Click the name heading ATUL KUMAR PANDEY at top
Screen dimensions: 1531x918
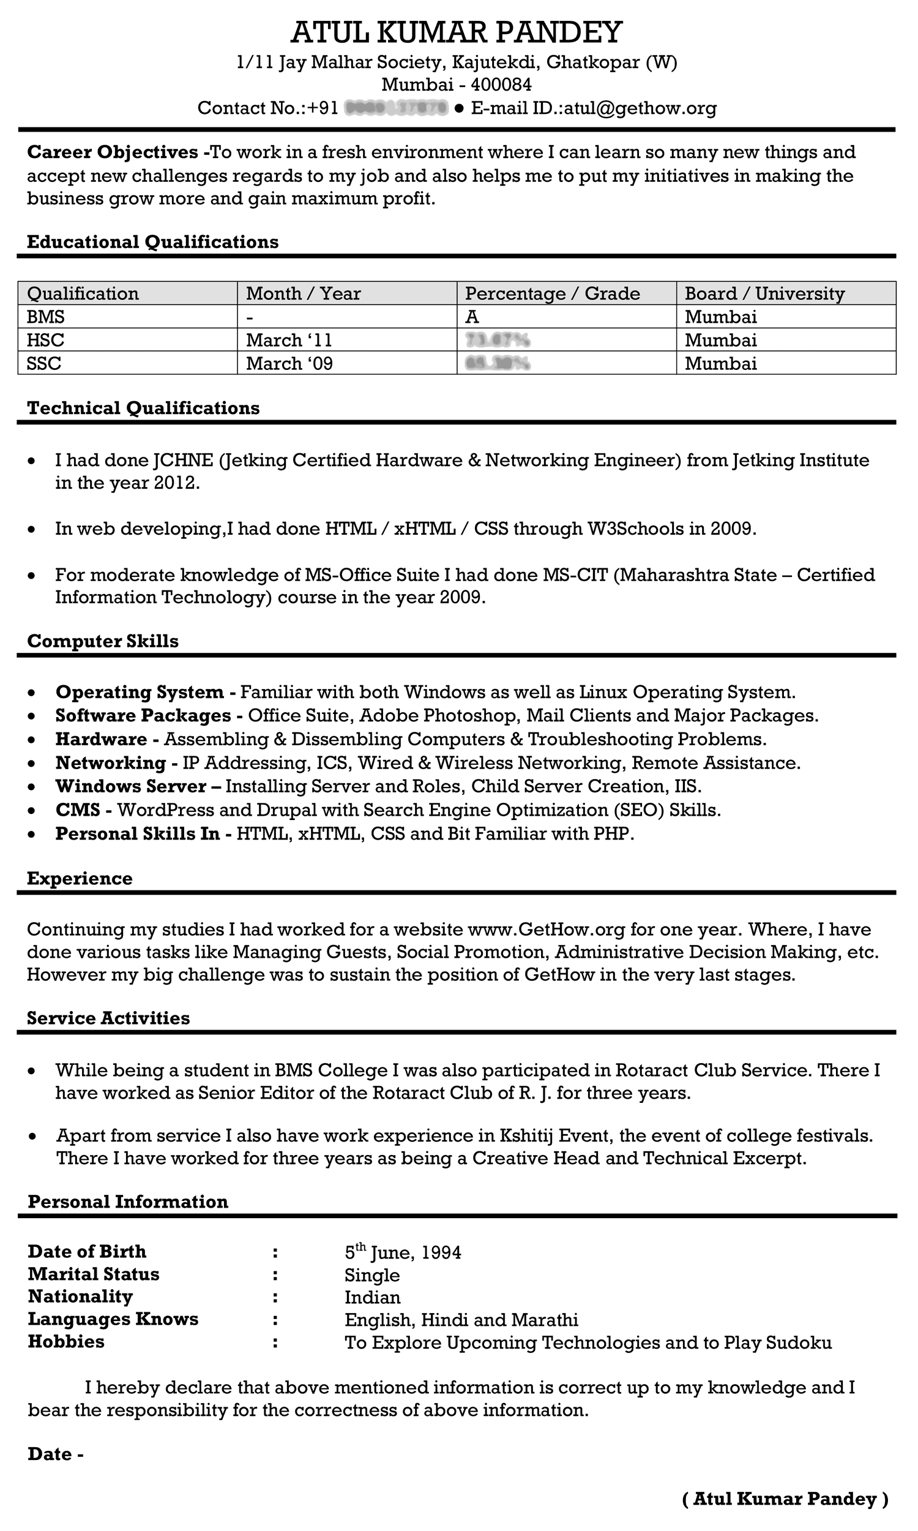click(457, 32)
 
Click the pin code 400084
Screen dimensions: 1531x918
click(501, 85)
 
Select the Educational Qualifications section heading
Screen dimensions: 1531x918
click(153, 242)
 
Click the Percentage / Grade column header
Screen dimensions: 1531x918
click(553, 293)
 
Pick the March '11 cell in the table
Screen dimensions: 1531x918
click(289, 340)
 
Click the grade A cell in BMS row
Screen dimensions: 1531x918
click(472, 317)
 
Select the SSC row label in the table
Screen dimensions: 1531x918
click(44, 363)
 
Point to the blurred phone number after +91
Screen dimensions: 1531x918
click(396, 108)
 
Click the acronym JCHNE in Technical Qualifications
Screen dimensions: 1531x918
click(183, 461)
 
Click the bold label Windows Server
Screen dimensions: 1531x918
click(130, 786)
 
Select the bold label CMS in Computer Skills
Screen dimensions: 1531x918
click(77, 810)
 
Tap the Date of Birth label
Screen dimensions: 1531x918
click(88, 1251)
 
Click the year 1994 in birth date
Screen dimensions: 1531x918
click(441, 1253)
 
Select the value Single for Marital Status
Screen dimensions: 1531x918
click(371, 1276)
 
